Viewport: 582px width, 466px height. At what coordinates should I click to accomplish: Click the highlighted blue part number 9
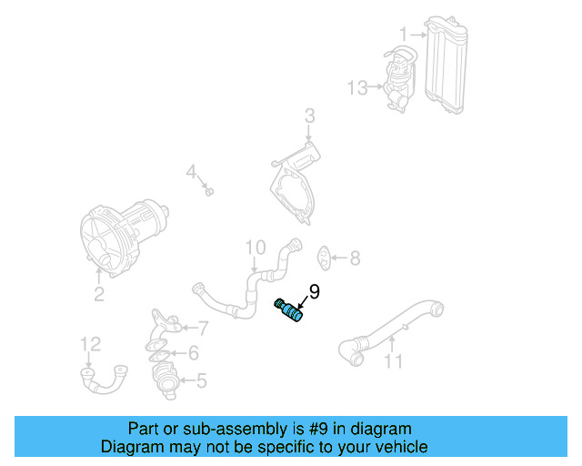click(x=291, y=310)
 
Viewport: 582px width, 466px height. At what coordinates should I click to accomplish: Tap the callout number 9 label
click(x=314, y=291)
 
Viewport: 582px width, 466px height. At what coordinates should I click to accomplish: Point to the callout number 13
click(x=356, y=87)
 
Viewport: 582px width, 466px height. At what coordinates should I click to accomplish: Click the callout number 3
click(x=309, y=116)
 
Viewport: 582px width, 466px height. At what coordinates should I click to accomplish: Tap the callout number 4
click(x=191, y=171)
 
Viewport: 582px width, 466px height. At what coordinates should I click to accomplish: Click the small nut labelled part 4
click(x=208, y=191)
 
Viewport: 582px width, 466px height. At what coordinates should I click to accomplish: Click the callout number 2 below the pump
click(x=99, y=294)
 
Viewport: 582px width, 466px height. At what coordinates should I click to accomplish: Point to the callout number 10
click(x=255, y=247)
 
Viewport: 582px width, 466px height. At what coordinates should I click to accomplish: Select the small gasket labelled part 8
click(x=326, y=258)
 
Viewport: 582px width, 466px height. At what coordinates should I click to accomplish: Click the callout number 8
click(x=355, y=258)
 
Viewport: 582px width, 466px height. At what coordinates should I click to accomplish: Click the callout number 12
click(x=90, y=343)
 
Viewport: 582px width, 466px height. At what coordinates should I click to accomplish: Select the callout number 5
click(x=202, y=380)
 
